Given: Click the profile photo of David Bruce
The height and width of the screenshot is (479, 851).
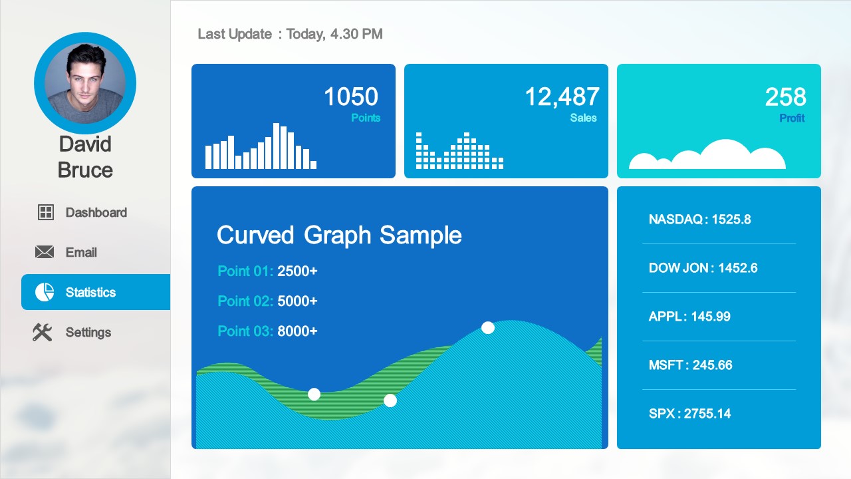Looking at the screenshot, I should tap(85, 83).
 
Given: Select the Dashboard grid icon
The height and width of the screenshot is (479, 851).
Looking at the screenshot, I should tap(45, 212).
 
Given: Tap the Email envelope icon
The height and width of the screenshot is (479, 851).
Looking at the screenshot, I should tap(45, 252).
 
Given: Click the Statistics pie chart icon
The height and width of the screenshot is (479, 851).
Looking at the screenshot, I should tap(45, 292).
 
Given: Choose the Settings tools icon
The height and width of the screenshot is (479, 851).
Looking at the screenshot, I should tap(43, 332).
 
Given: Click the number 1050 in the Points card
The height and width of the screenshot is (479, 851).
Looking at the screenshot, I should tap(350, 97).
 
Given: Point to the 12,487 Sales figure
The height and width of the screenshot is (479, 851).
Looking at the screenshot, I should tap(562, 97).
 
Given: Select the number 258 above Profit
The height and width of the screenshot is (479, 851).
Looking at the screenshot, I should tap(785, 97).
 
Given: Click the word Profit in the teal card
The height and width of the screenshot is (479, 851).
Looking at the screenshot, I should tap(792, 118).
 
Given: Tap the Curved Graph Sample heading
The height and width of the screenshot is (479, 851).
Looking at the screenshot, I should tap(339, 235).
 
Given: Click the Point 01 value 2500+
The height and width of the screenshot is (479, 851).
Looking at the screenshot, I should tap(297, 271).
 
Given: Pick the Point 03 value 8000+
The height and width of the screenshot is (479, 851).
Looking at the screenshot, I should tap(297, 331).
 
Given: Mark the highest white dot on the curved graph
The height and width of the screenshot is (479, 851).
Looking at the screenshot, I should tap(488, 327).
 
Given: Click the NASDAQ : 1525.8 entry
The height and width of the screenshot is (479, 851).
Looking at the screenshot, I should tap(699, 220).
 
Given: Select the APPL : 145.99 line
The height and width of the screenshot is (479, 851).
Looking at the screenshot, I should tap(689, 317).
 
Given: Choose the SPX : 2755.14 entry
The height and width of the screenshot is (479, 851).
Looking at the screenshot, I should tap(689, 414).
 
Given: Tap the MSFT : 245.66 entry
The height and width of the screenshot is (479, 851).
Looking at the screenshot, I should tap(690, 365).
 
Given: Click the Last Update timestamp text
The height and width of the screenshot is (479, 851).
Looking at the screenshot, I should tap(290, 34).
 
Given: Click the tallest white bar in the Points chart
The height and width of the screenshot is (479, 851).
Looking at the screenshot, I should tap(277, 146).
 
